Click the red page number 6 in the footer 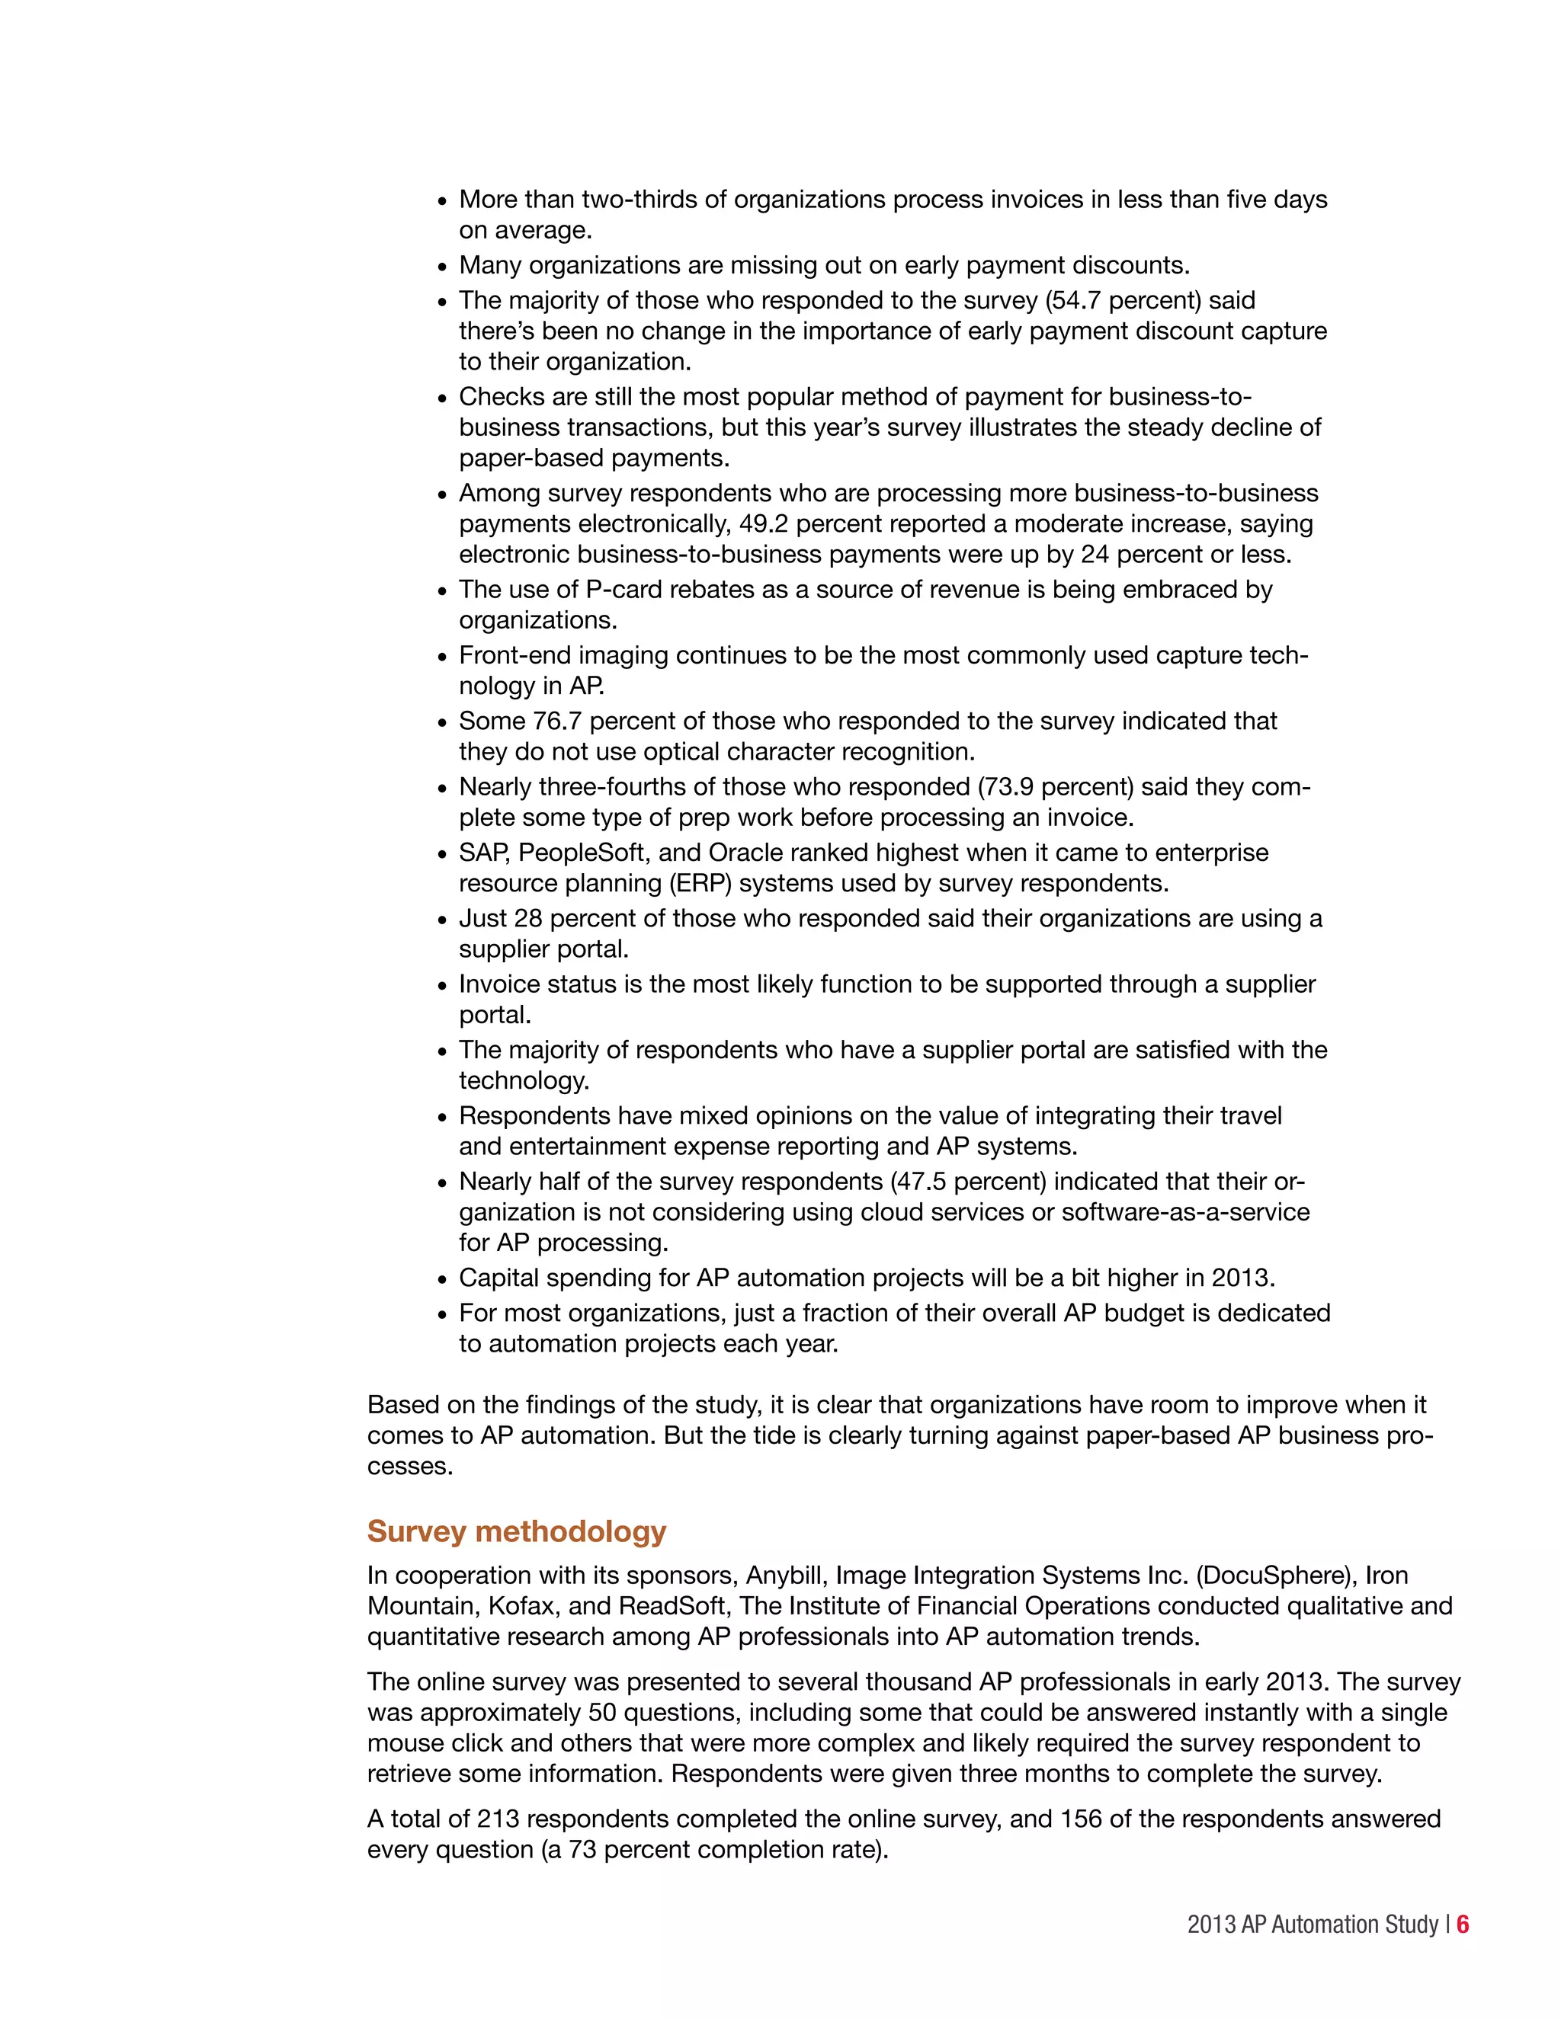pos(1462,1925)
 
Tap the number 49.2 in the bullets pos(764,524)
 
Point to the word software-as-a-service pos(1185,1212)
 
